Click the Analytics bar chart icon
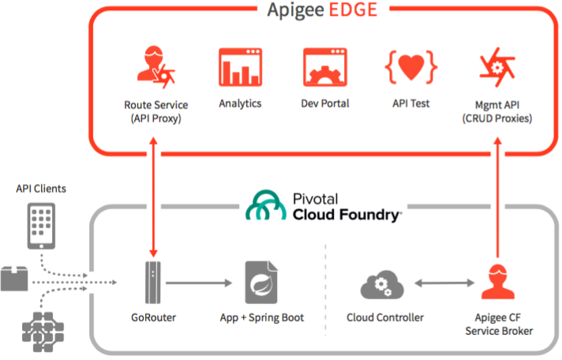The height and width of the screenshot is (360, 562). pyautogui.click(x=240, y=67)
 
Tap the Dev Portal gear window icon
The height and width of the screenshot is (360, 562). pyautogui.click(x=324, y=67)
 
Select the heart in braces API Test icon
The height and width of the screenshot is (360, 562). pyautogui.click(x=410, y=67)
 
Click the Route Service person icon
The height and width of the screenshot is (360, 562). pyautogui.click(x=155, y=67)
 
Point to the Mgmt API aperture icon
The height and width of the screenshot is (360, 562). pyautogui.click(x=497, y=67)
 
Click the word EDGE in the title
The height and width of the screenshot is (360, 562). pyautogui.click(x=353, y=9)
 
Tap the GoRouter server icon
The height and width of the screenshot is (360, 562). pyautogui.click(x=153, y=283)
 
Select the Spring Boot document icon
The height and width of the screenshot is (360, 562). pyautogui.click(x=261, y=283)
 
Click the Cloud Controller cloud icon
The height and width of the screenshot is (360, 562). pyautogui.click(x=382, y=285)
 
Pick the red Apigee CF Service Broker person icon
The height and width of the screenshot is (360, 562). pyautogui.click(x=498, y=282)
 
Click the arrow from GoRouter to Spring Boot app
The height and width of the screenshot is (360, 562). pyautogui.click(x=199, y=283)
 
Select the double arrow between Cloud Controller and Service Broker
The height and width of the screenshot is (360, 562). pyautogui.click(x=444, y=283)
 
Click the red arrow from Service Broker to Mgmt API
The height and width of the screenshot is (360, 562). pyautogui.click(x=498, y=197)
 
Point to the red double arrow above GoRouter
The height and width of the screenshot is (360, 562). pyautogui.click(x=153, y=197)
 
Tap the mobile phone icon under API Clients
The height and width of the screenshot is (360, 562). pyautogui.click(x=41, y=226)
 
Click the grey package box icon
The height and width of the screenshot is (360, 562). pyautogui.click(x=14, y=278)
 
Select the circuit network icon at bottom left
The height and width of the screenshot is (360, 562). pyautogui.click(x=43, y=332)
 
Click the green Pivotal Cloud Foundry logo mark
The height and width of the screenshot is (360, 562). pyautogui.click(x=266, y=205)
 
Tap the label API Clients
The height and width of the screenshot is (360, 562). pyautogui.click(x=41, y=189)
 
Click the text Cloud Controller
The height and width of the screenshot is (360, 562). pyautogui.click(x=385, y=317)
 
